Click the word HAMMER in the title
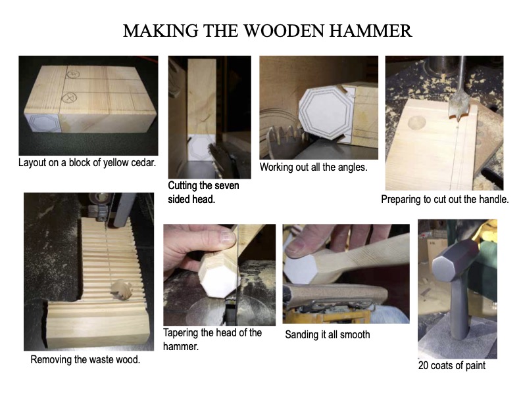(370, 31)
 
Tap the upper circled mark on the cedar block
(73, 74)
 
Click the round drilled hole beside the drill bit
(416, 122)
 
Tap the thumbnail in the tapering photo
(228, 236)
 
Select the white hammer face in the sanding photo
(301, 269)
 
